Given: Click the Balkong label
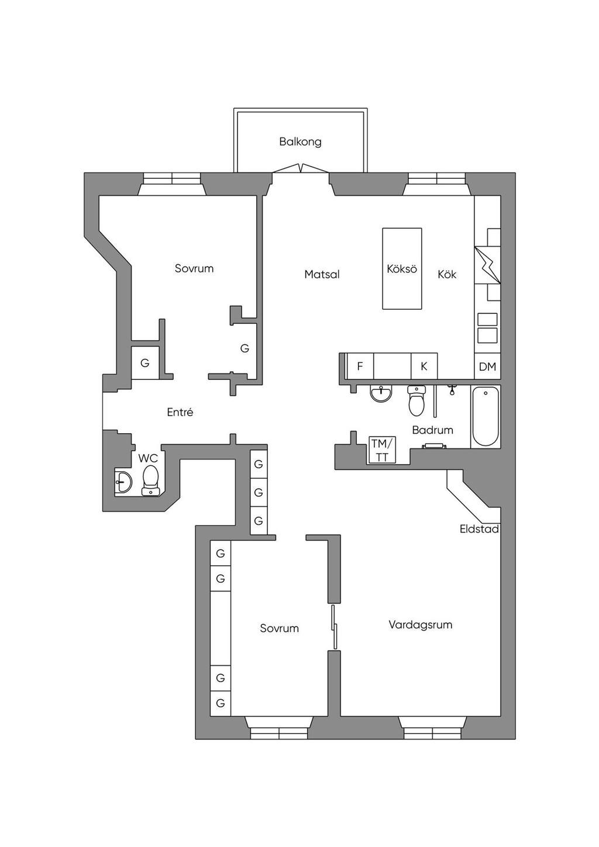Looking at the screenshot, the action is (x=300, y=142).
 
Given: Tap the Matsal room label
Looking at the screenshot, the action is (x=322, y=275).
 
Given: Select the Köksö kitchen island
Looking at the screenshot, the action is (x=402, y=268).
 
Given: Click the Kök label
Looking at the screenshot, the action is (x=447, y=274).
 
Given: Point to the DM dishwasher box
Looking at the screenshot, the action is (x=487, y=366).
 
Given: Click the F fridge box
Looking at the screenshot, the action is (x=360, y=366).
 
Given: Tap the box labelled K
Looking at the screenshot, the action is (x=424, y=366).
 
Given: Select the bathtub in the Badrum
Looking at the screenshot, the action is (x=486, y=416).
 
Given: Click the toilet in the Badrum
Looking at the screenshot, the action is (x=416, y=400).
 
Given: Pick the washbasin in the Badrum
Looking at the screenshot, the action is (x=381, y=394).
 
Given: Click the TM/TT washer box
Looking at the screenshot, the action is (x=382, y=450).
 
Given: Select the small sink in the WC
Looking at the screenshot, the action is (x=123, y=482).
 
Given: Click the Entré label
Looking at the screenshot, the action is (x=180, y=412).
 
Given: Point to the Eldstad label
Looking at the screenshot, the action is (x=479, y=529).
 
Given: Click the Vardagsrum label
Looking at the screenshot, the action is (x=421, y=625).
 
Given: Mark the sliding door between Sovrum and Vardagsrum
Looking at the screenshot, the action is (x=334, y=627).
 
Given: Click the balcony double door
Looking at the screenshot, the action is (x=301, y=168).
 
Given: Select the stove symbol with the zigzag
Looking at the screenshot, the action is (x=488, y=265).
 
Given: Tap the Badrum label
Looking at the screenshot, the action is (x=432, y=430).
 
